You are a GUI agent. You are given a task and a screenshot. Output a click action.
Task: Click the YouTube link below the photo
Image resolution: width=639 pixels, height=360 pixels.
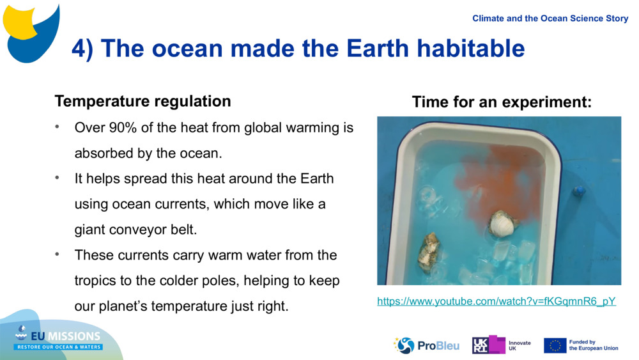[496, 301]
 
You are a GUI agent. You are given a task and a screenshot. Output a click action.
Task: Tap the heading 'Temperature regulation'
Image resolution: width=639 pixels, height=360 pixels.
[142, 101]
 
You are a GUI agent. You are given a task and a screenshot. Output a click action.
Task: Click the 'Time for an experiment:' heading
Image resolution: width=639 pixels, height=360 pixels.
[502, 102]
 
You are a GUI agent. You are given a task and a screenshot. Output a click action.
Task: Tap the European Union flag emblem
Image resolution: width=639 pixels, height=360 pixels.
[555, 345]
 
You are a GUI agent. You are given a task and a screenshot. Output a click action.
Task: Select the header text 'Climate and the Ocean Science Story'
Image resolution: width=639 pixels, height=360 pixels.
[550, 18]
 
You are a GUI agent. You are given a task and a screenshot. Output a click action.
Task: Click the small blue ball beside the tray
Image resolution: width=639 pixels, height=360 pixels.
[579, 191]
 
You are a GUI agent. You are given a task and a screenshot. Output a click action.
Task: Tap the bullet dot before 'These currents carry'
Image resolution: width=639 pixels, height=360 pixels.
[58, 254]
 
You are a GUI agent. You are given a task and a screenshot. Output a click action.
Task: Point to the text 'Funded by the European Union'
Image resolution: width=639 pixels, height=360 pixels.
[593, 345]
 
